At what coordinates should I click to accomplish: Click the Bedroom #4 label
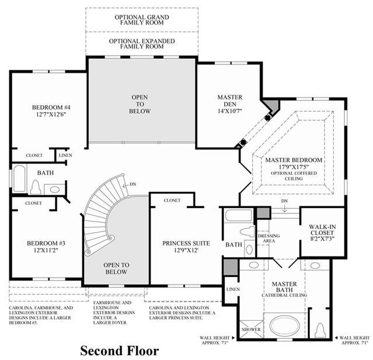pyautogui.click(x=51, y=108)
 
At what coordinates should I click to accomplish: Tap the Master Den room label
pyautogui.click(x=230, y=101)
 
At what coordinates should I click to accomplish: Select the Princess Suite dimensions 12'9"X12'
pyautogui.click(x=186, y=250)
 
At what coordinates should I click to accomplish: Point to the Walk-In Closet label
pyautogui.click(x=322, y=230)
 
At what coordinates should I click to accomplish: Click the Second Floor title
pyautogui.click(x=120, y=351)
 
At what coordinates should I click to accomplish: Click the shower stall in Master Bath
pyautogui.click(x=251, y=329)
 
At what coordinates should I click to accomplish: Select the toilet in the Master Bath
pyautogui.click(x=320, y=330)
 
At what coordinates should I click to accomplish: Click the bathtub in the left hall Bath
pyautogui.click(x=20, y=179)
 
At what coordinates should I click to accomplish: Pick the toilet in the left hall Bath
pyautogui.click(x=35, y=187)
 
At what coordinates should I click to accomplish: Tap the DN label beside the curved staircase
pyautogui.click(x=133, y=184)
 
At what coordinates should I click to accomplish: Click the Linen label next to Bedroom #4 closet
pyautogui.click(x=65, y=155)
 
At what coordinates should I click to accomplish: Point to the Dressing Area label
pyautogui.click(x=269, y=238)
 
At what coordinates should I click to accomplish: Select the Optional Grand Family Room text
pyautogui.click(x=142, y=20)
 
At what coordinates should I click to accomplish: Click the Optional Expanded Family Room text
pyautogui.click(x=142, y=44)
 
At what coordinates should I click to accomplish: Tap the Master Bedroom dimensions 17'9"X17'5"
pyautogui.click(x=294, y=167)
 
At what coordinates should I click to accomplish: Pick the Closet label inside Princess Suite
pyautogui.click(x=172, y=200)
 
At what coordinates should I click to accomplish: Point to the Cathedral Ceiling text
pyautogui.click(x=284, y=295)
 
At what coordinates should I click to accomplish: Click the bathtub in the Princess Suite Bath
pyautogui.click(x=239, y=215)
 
